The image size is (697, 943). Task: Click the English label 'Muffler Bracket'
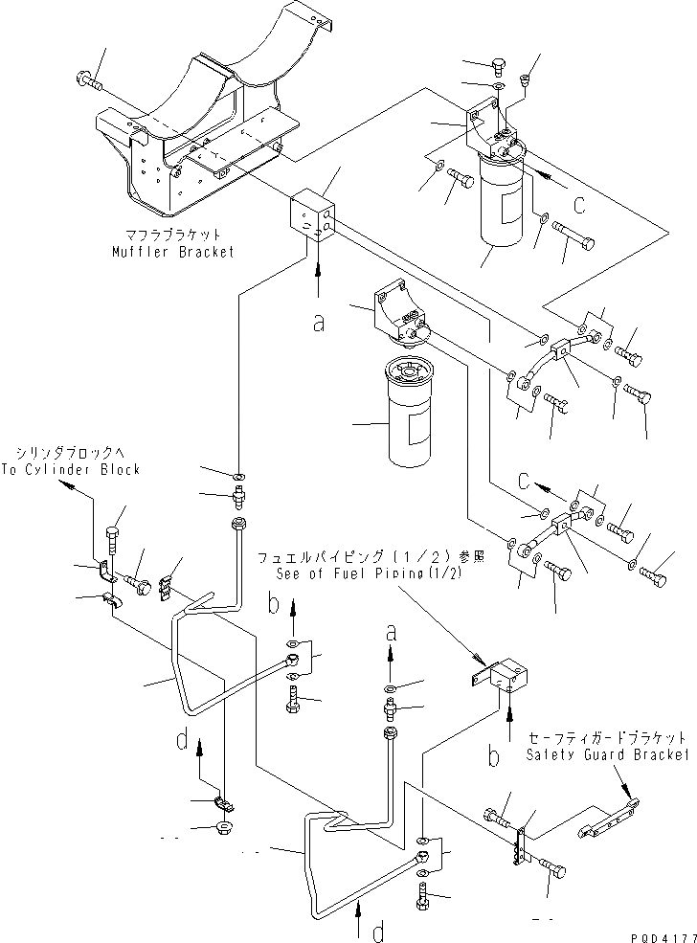click(171, 252)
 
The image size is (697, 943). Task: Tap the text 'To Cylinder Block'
click(77, 469)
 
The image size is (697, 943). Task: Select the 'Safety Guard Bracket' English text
click(606, 754)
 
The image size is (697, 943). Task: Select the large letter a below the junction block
click(318, 323)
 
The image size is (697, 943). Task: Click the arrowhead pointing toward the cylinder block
click(67, 485)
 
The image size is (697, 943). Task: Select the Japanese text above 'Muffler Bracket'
click(171, 233)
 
